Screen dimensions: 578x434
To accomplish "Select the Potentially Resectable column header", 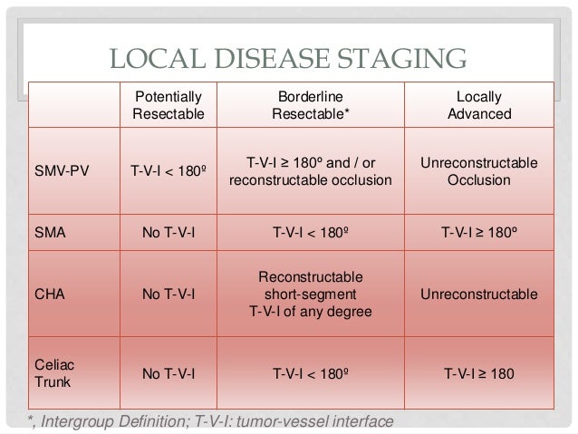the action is point(169,105).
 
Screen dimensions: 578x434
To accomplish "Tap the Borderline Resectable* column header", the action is point(313,105).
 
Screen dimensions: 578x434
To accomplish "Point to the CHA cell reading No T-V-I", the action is point(169,295).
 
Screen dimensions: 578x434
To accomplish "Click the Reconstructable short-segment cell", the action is point(313,295).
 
